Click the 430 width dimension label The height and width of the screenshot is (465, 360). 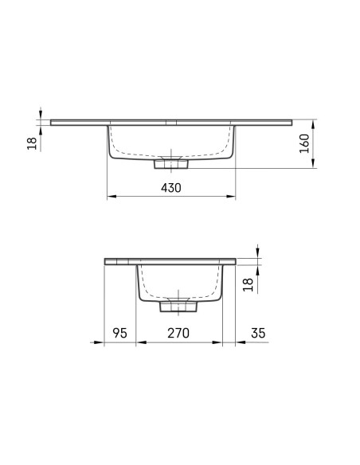tap(170, 188)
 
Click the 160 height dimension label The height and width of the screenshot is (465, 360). tap(304, 143)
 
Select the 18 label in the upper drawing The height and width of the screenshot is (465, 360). tap(33, 143)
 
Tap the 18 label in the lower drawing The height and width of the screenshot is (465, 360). tap(248, 285)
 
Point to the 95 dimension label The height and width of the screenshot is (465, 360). tap(119, 333)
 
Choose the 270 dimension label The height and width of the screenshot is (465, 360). tap(178, 333)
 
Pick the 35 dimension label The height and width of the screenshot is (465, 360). tap(258, 333)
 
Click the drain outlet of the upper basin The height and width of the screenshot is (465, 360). tap(171, 164)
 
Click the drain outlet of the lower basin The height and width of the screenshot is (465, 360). tap(178, 307)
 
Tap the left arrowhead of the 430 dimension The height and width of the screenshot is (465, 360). tap(112, 196)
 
